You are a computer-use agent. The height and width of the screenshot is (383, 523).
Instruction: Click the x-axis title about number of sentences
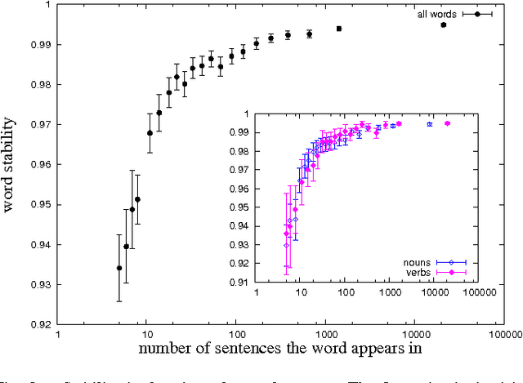279,350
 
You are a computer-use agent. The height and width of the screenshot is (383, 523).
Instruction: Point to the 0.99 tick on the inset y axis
239,132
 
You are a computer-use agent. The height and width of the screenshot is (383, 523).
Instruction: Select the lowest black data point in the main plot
119,268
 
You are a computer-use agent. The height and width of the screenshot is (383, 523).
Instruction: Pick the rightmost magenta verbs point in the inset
447,123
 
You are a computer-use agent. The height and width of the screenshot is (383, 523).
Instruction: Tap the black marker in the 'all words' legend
477,14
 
